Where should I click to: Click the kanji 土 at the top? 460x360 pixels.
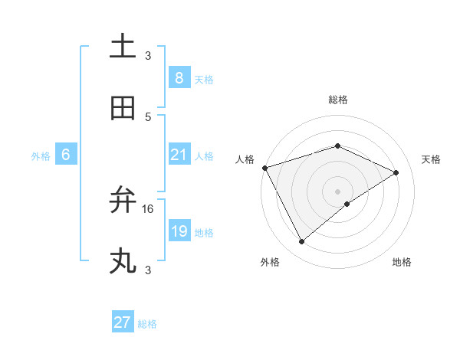tap(123, 46)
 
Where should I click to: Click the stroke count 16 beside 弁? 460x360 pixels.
tap(148, 208)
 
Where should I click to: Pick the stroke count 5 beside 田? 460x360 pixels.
tap(148, 116)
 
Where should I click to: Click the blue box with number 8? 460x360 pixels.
tap(179, 77)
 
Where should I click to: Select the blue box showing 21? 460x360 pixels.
tap(179, 155)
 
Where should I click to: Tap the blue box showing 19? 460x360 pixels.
tap(179, 231)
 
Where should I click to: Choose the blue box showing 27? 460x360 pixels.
tap(123, 322)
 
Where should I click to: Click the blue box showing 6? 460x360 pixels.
tap(66, 155)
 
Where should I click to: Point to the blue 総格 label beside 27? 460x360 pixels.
tap(147, 324)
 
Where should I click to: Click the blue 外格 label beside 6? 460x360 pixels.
tap(41, 156)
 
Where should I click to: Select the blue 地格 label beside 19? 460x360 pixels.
tap(204, 233)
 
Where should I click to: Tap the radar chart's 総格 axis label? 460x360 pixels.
tap(337, 100)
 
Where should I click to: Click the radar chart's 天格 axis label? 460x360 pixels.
tap(431, 159)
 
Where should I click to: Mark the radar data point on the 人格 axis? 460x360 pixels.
tap(264, 168)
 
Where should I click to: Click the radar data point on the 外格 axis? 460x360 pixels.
tap(301, 242)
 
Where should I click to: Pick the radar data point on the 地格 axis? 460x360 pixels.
tap(347, 204)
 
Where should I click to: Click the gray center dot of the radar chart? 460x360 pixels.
tap(337, 191)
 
